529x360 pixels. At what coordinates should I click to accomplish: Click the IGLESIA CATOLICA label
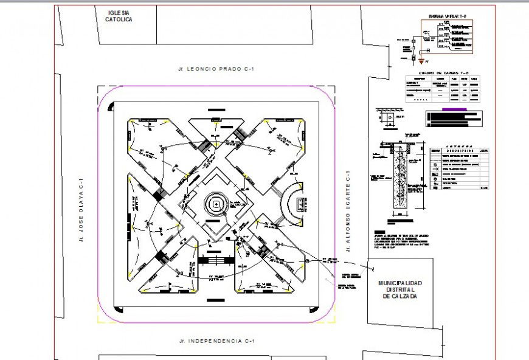pos(119,16)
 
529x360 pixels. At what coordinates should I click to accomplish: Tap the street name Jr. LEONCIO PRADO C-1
pos(216,69)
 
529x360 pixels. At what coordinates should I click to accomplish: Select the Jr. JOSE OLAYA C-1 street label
pos(81,210)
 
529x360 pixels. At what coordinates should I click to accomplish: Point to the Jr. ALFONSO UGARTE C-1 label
pos(348,210)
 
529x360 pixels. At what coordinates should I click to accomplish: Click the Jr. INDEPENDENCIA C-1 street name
pos(216,341)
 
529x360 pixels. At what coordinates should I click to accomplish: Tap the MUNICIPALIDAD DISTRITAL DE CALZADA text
pos(399,289)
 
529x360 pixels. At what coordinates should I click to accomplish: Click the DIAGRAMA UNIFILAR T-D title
pos(446,16)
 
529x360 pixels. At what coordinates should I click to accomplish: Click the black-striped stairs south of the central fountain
pos(216,260)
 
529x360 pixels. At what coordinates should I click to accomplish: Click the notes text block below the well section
pos(393,240)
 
